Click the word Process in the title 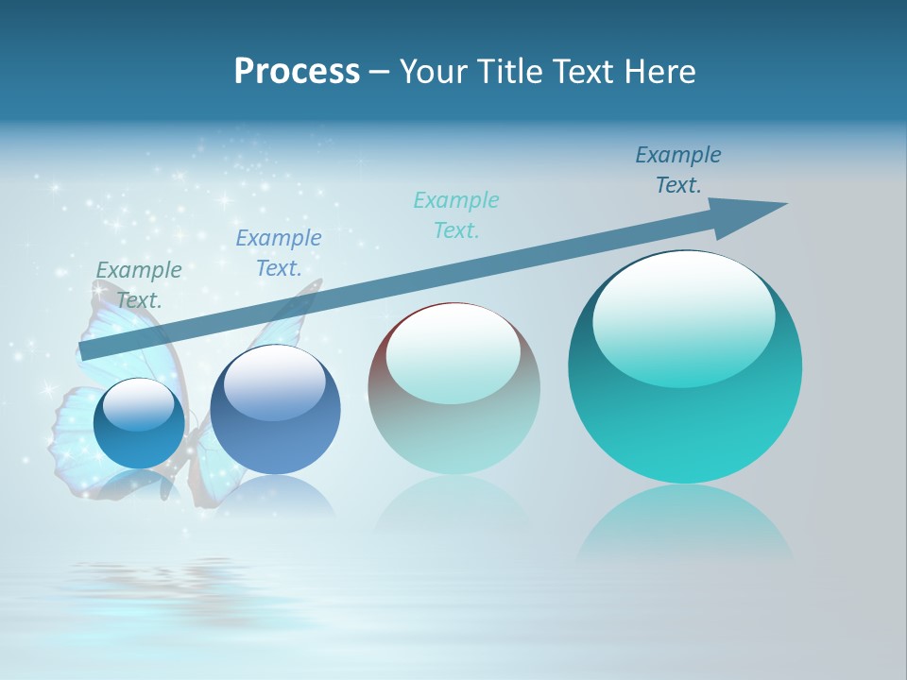click(x=297, y=72)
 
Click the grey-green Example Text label click(x=139, y=284)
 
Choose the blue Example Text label click(x=279, y=252)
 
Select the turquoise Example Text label click(x=456, y=214)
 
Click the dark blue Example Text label click(x=678, y=169)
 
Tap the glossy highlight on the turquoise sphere click(x=684, y=318)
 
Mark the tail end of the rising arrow click(x=87, y=352)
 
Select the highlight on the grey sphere click(x=453, y=354)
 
